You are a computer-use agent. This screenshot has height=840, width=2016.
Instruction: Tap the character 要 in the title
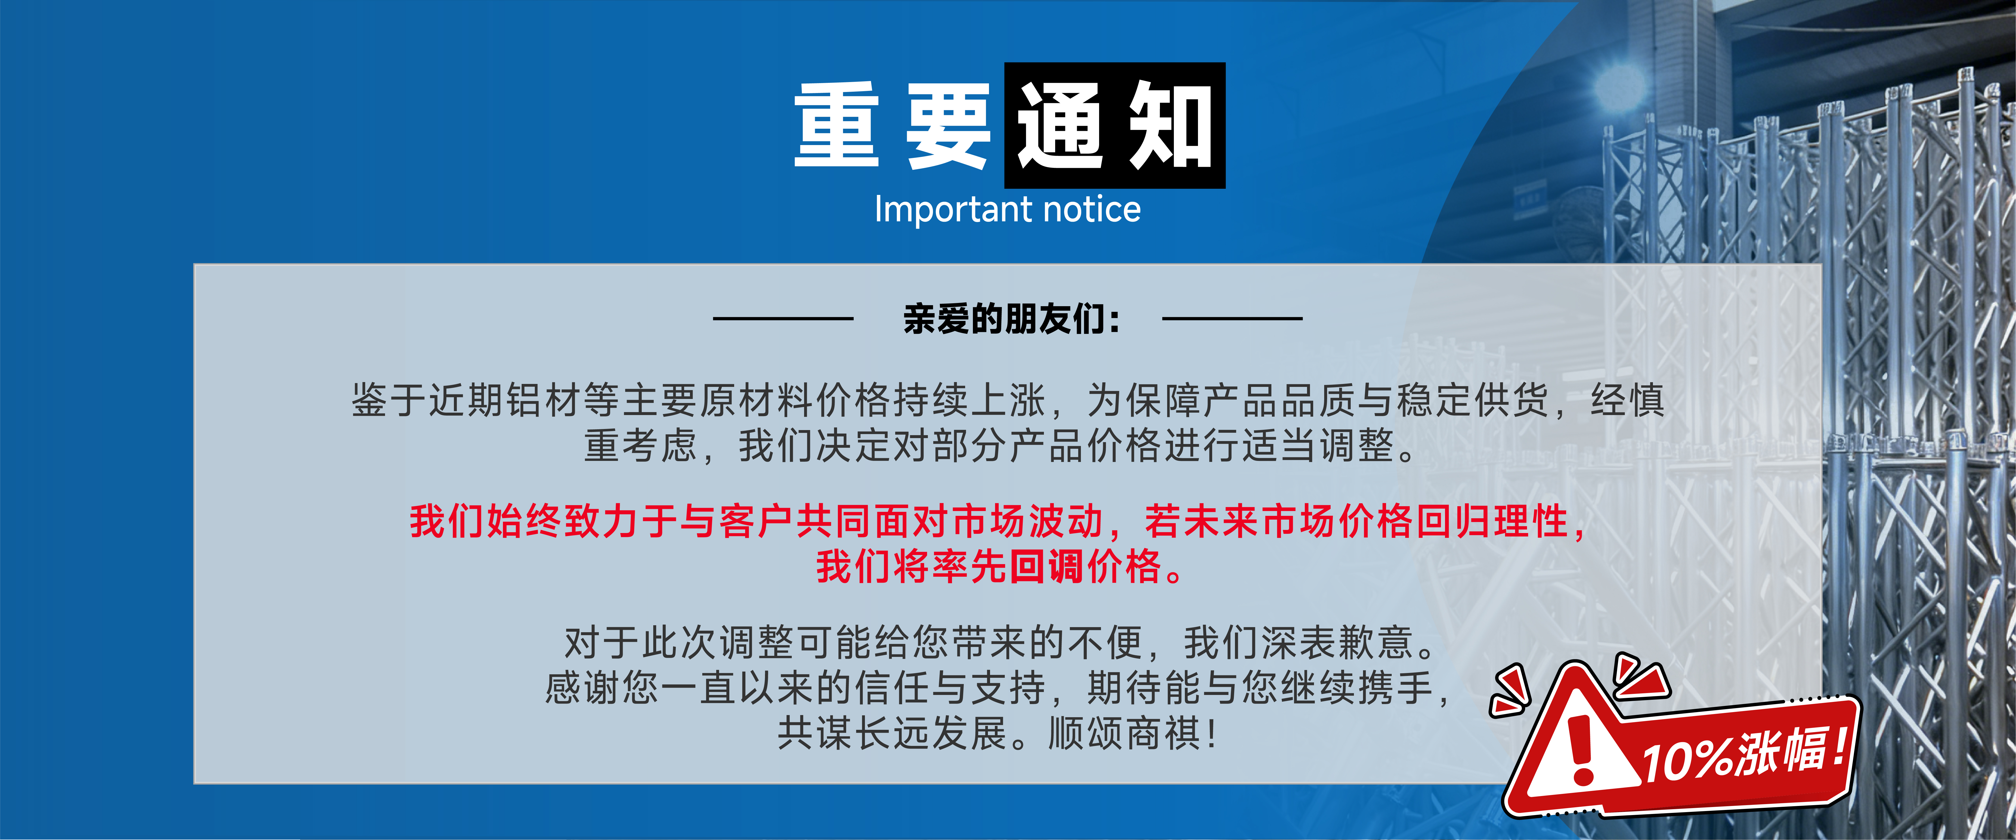pos(948,125)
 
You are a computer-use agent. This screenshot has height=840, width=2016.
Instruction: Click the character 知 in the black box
pos(1170,125)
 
